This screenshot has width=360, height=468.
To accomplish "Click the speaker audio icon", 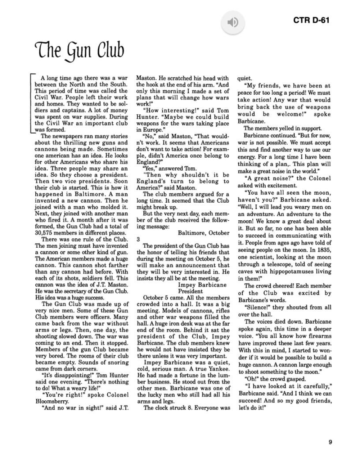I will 233,23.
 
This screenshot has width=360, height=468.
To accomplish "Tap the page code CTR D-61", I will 311,20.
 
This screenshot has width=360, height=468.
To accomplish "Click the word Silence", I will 258,307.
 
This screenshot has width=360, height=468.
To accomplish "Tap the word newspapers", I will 73,136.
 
